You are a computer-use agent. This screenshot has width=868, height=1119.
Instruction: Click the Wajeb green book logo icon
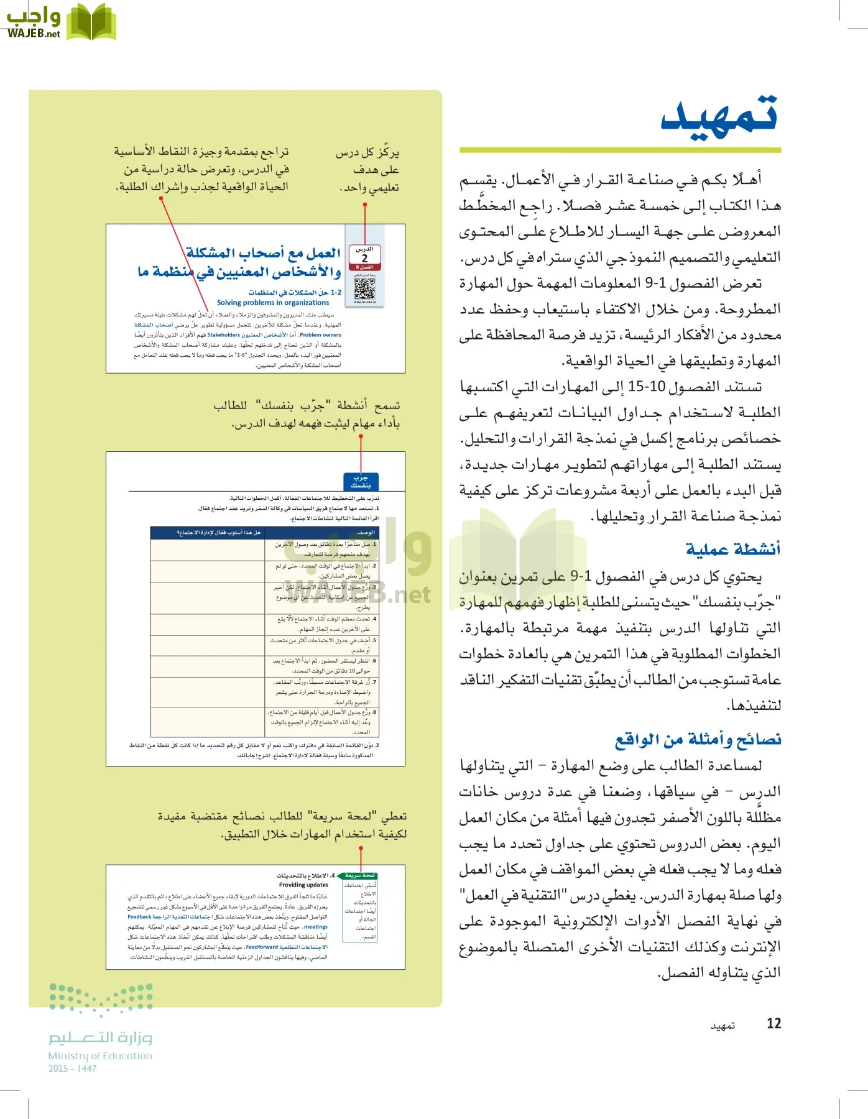pyautogui.click(x=91, y=22)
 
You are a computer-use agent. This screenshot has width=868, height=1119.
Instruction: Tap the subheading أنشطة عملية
pyautogui.click(x=732, y=549)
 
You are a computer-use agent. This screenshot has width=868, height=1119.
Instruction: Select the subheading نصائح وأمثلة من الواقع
pyautogui.click(x=698, y=739)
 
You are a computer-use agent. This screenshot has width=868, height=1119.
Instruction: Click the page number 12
pyautogui.click(x=773, y=1023)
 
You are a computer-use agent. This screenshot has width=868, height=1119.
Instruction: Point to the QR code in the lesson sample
pyautogui.click(x=364, y=288)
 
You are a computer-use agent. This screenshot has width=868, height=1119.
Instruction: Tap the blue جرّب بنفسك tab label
pyautogui.click(x=361, y=481)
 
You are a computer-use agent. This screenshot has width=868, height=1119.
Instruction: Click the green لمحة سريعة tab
pyautogui.click(x=360, y=875)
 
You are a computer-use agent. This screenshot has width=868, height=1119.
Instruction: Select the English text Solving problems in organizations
pyautogui.click(x=273, y=303)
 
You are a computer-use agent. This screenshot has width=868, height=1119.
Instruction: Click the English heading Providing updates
pyautogui.click(x=303, y=885)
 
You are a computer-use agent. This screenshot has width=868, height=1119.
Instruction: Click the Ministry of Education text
pyautogui.click(x=100, y=1056)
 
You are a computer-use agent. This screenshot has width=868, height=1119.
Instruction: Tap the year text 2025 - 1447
pyautogui.click(x=72, y=1069)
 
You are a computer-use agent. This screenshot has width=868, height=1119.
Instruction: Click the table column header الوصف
pyautogui.click(x=366, y=533)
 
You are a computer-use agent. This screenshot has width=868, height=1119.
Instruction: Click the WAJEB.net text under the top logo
pyautogui.click(x=34, y=34)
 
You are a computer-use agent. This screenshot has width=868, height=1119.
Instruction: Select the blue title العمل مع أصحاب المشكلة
pyautogui.click(x=263, y=253)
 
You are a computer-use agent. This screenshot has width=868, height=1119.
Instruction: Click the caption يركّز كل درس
pyautogui.click(x=367, y=152)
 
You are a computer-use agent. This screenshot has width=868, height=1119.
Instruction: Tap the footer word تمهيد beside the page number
pyautogui.click(x=723, y=1026)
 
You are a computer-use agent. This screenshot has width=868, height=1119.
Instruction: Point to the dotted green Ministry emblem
pyautogui.click(x=101, y=1000)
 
